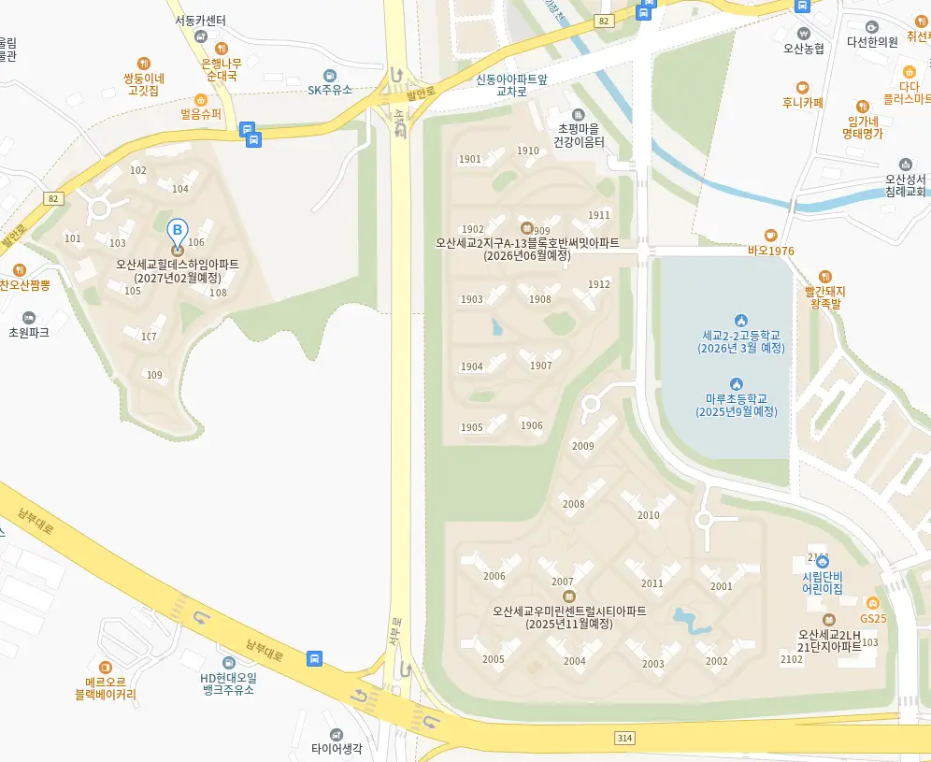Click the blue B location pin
click(x=177, y=230)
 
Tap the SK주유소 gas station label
click(x=330, y=90)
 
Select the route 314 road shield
click(x=624, y=738)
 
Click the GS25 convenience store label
click(x=873, y=618)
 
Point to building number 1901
click(x=470, y=159)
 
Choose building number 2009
click(x=582, y=446)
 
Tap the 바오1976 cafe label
click(x=770, y=251)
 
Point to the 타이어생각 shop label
click(x=337, y=748)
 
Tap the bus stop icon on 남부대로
click(x=315, y=658)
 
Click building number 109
click(x=155, y=375)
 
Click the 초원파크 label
click(x=29, y=332)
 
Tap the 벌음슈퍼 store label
click(x=201, y=114)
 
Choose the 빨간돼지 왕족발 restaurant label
click(x=824, y=297)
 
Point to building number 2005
click(x=494, y=659)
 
